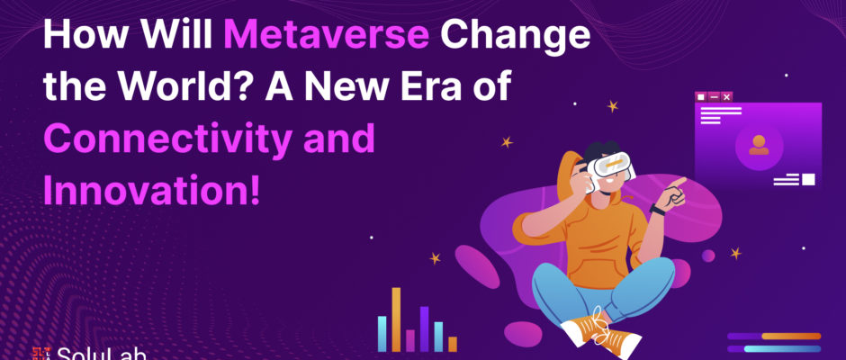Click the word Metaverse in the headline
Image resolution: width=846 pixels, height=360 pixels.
coord(327,33)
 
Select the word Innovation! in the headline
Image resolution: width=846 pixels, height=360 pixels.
coord(151,190)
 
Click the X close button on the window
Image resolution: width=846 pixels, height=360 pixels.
coord(727,96)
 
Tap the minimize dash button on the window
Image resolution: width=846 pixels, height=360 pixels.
coord(715,96)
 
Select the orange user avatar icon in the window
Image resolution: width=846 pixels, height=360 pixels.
coord(759,145)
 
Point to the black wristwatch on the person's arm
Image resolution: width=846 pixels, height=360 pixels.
coord(658,210)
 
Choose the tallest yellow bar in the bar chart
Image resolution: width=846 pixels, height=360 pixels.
coord(396,319)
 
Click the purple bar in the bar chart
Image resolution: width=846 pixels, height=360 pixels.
coord(424,328)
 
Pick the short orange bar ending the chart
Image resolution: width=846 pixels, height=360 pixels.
coord(453,345)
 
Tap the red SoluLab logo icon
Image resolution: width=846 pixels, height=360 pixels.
coord(41,354)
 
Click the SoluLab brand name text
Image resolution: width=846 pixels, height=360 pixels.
coord(102,354)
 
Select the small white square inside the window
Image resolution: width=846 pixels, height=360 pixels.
coord(808,179)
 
